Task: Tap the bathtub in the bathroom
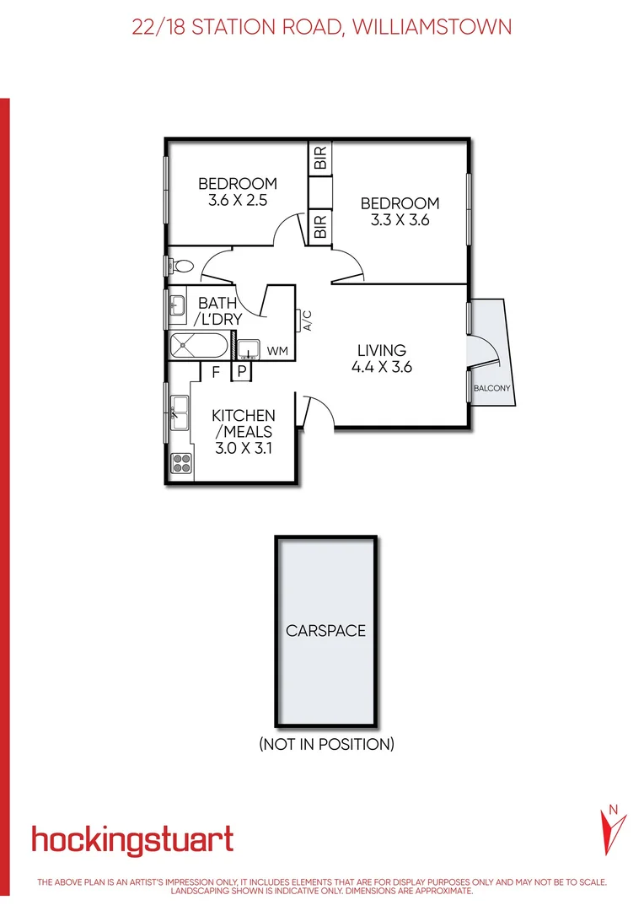click(198, 347)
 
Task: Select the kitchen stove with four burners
click(181, 462)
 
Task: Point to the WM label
click(277, 350)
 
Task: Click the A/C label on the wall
click(308, 321)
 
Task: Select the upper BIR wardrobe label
click(320, 159)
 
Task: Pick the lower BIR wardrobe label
click(320, 226)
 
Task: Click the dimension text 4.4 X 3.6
click(381, 367)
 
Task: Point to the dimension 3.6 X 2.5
click(237, 201)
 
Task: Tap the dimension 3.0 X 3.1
click(242, 448)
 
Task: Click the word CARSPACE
click(325, 630)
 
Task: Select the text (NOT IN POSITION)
click(326, 744)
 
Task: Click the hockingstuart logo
click(132, 840)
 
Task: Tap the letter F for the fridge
click(216, 370)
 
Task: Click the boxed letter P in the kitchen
click(241, 371)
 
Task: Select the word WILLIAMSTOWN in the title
click(431, 26)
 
